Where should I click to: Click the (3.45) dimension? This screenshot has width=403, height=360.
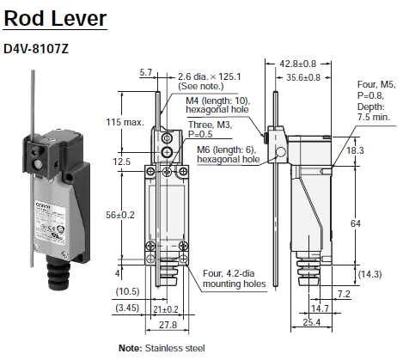coord(129,307)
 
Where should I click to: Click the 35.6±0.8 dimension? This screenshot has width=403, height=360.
coord(304,77)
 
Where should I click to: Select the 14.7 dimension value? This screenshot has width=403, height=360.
coord(319,307)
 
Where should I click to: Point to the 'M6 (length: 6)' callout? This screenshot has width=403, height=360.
coord(227,153)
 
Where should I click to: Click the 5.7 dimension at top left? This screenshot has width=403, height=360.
coord(146,74)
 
